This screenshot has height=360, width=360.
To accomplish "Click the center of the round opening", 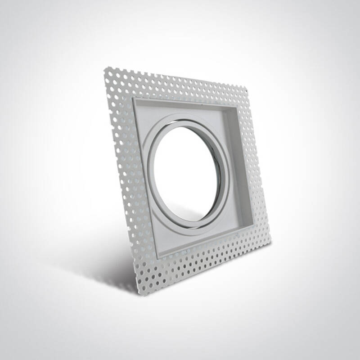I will (188, 173).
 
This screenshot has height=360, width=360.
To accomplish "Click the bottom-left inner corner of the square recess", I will (157, 256).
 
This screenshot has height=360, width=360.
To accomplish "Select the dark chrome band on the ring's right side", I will (224, 175).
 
